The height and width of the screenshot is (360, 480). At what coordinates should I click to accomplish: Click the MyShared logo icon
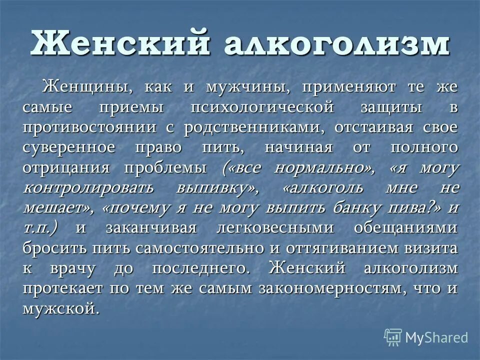[393, 337]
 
